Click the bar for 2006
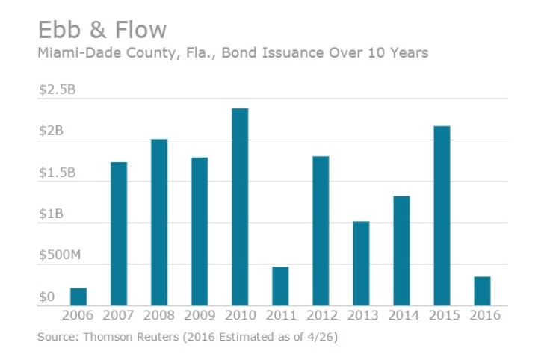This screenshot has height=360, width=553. point(78,297)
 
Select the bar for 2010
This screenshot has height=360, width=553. point(240,206)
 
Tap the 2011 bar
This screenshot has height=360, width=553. point(280,286)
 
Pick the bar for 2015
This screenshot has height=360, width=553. point(442,215)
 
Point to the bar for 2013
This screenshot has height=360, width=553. point(361,263)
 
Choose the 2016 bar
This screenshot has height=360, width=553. point(482,291)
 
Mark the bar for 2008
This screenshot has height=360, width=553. point(159,222)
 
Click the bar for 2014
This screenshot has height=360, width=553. point(401,250)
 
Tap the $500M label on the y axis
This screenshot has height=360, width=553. point(60,255)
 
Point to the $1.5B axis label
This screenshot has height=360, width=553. point(58,173)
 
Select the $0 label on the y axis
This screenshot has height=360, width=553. point(46,297)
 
